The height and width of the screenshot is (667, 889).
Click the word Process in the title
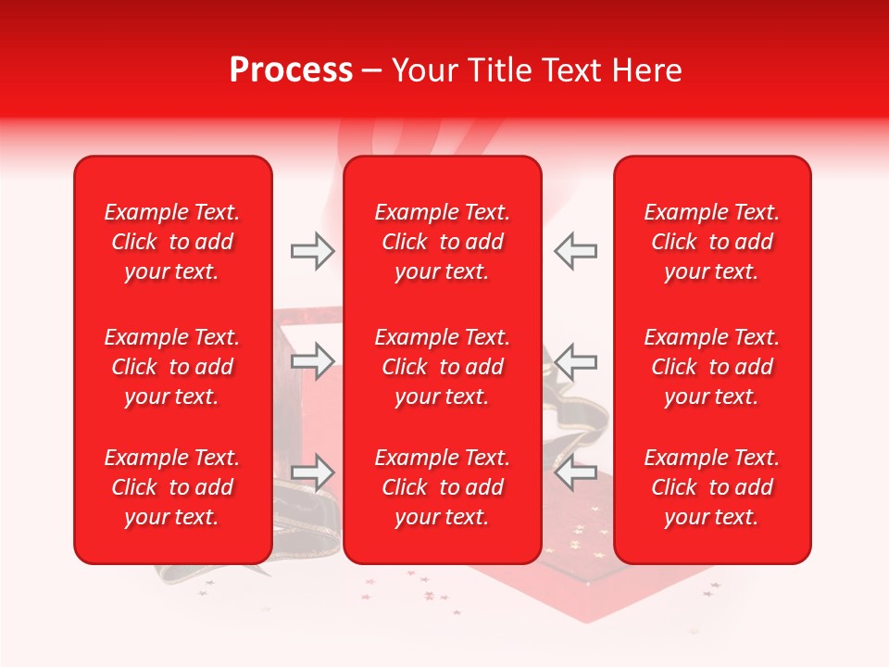[x=291, y=70]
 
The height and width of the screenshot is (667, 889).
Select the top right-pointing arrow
[x=312, y=251]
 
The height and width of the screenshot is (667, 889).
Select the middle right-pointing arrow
[x=312, y=361]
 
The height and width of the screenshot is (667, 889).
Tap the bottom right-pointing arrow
[x=312, y=472]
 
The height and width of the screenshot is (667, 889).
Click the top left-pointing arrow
[x=575, y=251]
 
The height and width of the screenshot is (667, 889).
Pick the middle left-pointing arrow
[x=575, y=361]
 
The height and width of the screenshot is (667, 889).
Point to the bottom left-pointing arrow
[x=575, y=472]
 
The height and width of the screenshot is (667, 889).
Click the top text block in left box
[x=172, y=242]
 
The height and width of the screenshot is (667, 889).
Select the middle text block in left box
[x=172, y=367]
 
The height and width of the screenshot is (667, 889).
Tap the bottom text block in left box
[x=172, y=487]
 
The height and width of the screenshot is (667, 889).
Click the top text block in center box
[x=442, y=242]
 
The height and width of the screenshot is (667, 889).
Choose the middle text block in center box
[x=442, y=367]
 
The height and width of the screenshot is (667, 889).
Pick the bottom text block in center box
[x=442, y=487]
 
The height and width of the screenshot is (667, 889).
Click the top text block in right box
[x=712, y=242]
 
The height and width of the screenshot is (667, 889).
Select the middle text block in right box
[x=712, y=367]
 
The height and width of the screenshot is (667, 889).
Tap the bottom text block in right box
[x=712, y=487]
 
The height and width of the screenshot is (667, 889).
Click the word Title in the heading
[x=499, y=70]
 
